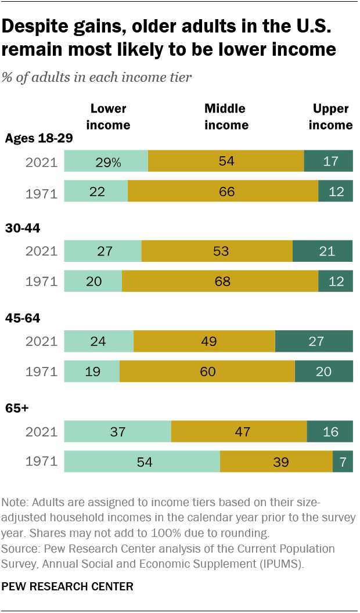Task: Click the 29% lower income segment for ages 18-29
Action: click(106, 161)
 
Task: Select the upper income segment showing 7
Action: click(343, 461)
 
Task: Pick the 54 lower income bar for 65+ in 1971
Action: click(142, 461)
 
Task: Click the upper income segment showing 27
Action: click(314, 341)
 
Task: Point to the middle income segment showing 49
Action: click(204, 341)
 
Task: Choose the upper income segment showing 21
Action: click(322, 251)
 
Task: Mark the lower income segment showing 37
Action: click(117, 431)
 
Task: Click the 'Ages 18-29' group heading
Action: click(38, 138)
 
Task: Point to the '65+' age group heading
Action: click(17, 408)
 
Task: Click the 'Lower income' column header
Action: click(109, 117)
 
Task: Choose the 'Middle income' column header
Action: click(225, 117)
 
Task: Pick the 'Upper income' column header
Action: click(330, 117)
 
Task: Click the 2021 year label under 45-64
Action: click(41, 341)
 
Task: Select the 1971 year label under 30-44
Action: click(41, 282)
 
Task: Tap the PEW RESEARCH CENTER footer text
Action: click(67, 586)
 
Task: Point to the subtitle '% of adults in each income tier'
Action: click(97, 77)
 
